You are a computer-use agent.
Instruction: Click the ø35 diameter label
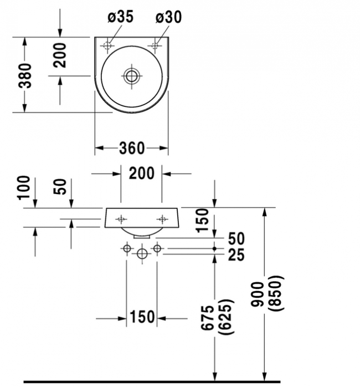point(121,17)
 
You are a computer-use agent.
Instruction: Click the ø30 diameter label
point(169,17)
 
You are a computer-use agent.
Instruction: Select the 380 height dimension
point(25,75)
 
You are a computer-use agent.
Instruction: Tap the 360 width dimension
point(132,148)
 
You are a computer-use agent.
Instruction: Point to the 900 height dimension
point(257,294)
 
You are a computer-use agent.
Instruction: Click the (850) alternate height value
point(276,293)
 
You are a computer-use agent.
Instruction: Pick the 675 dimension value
point(207,318)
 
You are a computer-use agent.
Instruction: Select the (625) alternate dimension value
point(225,317)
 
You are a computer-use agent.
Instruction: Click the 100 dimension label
point(23,187)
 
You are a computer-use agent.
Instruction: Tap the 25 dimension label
point(236,255)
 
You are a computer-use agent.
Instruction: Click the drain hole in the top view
point(131,75)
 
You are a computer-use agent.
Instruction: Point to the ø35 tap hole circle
point(107,45)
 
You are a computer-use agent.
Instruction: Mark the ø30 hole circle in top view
point(155,45)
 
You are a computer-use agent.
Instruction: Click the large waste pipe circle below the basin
point(142,254)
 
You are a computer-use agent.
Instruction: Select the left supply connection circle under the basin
point(127,248)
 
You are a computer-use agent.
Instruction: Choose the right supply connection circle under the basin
point(157,248)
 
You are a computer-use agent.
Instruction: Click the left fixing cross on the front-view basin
point(121,219)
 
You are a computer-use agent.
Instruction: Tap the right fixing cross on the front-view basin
point(162,219)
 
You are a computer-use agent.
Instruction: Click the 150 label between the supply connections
point(142,317)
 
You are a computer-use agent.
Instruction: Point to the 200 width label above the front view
point(142,173)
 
